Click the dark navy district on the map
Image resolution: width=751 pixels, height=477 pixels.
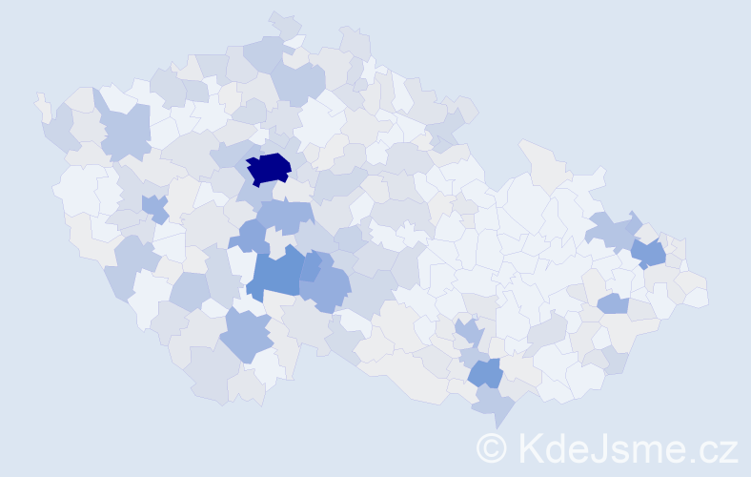269,169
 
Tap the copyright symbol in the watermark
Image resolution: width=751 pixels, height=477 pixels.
492,448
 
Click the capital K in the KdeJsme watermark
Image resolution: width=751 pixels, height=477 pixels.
531,448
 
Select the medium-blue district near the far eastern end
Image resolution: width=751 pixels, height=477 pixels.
649,253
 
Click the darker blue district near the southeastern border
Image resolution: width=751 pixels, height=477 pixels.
485,373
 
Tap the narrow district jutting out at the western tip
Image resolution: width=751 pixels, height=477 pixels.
42,105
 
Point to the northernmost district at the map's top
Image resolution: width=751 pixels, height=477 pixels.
283,24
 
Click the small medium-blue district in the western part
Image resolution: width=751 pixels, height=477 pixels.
153,206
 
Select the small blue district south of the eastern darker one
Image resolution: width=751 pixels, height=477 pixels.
613,304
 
